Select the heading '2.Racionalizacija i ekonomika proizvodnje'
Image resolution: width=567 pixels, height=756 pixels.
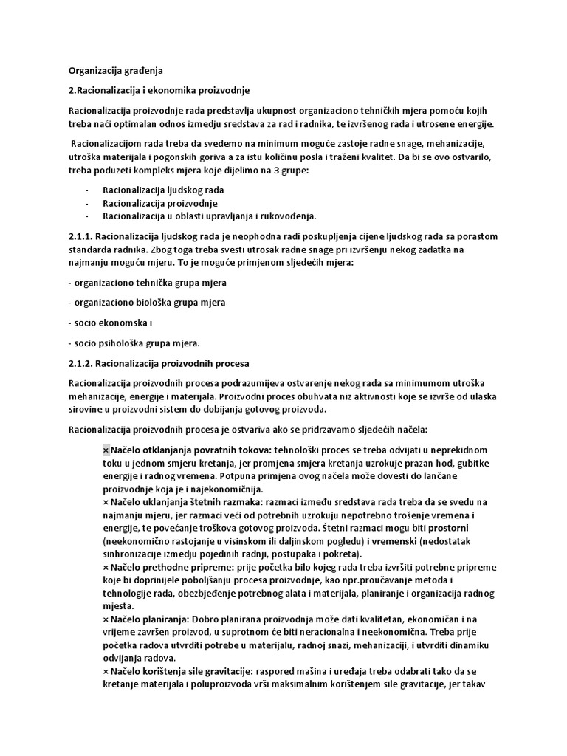159,91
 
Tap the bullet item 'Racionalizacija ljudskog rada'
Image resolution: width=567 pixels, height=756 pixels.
163,190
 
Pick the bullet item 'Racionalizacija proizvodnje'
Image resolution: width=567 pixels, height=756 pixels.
160,202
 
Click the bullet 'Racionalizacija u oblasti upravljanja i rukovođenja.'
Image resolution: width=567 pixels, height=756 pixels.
209,216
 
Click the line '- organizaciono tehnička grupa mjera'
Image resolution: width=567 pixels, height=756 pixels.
147,283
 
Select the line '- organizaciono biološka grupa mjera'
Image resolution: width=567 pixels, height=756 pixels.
147,303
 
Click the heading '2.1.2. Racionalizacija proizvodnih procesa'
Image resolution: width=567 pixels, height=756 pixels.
159,363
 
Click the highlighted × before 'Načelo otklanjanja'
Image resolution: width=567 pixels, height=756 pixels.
106,450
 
